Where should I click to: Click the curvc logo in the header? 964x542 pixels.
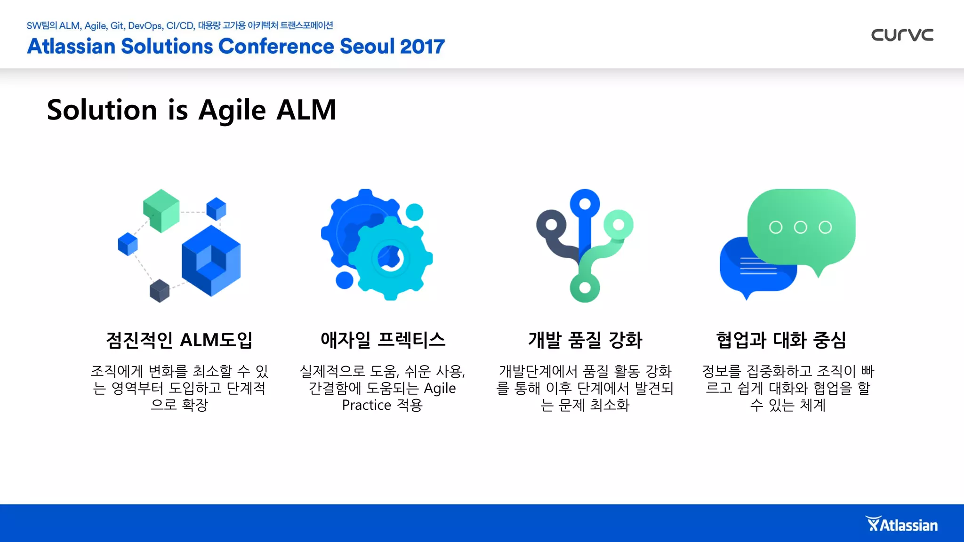point(902,35)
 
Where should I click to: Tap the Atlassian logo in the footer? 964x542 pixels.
point(901,525)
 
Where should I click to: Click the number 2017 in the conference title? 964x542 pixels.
point(422,47)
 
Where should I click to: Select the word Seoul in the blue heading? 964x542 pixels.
point(367,47)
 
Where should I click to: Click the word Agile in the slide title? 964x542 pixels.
point(233,111)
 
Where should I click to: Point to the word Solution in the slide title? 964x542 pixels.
point(102,111)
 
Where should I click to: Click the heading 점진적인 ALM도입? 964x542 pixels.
point(179,340)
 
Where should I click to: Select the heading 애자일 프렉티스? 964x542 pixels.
point(383,340)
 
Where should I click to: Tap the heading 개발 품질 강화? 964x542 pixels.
point(585,340)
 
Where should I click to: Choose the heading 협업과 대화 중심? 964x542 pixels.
point(781,340)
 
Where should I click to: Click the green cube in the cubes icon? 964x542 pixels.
point(161,210)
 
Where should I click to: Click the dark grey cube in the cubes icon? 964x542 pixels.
point(160,291)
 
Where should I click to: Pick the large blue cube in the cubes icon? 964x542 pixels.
point(211,261)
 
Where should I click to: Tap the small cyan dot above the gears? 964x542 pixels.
point(414,212)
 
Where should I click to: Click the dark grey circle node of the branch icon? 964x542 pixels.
point(551,224)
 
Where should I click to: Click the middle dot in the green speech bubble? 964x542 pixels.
point(800,227)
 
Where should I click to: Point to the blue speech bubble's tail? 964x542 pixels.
point(747,295)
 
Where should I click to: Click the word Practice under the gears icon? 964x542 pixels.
point(367,405)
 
